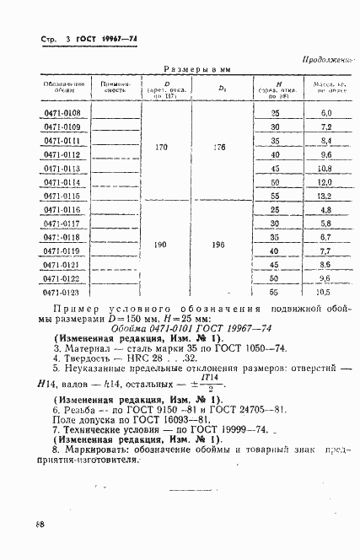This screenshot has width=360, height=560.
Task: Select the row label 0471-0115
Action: pos(61,196)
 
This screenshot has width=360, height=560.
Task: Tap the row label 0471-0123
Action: pos(61,292)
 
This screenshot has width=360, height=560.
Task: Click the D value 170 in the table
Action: pos(162,148)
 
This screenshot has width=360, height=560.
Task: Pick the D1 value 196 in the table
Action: pos(221,245)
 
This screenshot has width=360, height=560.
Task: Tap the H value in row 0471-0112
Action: pos(274,154)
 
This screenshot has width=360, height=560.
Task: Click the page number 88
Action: pos(40,523)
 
